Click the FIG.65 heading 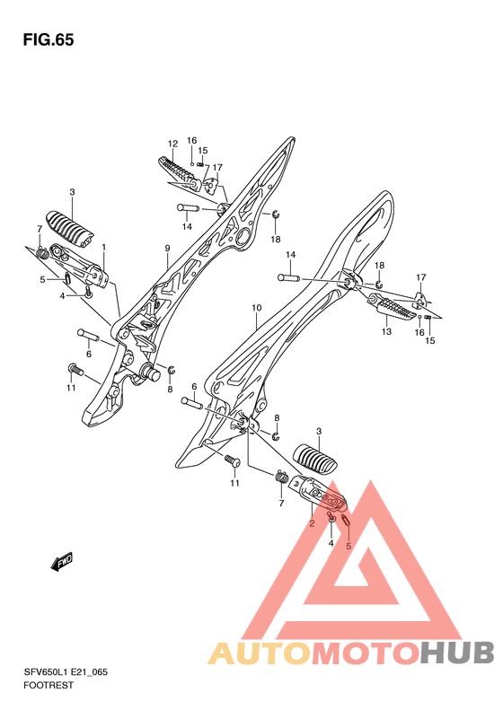click(x=49, y=39)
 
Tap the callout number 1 click(x=104, y=247)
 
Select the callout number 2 click(x=312, y=524)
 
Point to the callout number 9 click(x=167, y=248)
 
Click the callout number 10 click(x=257, y=308)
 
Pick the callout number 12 click(x=172, y=144)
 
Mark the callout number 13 click(x=386, y=332)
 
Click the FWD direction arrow click(x=62, y=562)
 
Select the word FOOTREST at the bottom click(x=48, y=685)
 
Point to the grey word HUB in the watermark click(x=457, y=653)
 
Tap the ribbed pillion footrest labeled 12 click(x=177, y=172)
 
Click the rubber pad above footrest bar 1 click(x=70, y=229)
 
